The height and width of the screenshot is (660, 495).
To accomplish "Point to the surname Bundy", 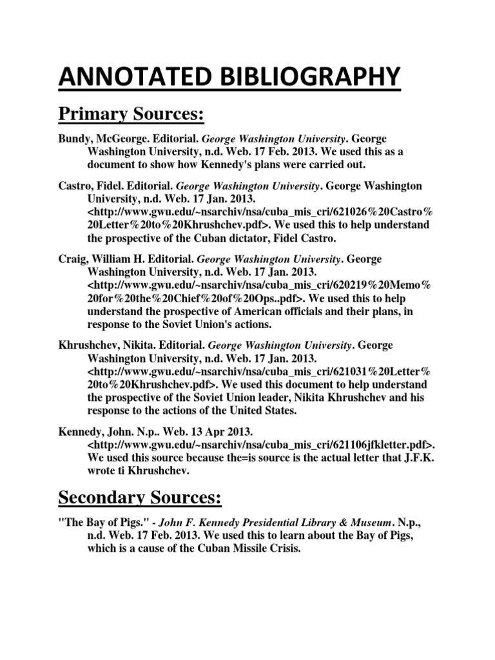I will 72,140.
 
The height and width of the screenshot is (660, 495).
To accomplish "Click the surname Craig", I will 70,258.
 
